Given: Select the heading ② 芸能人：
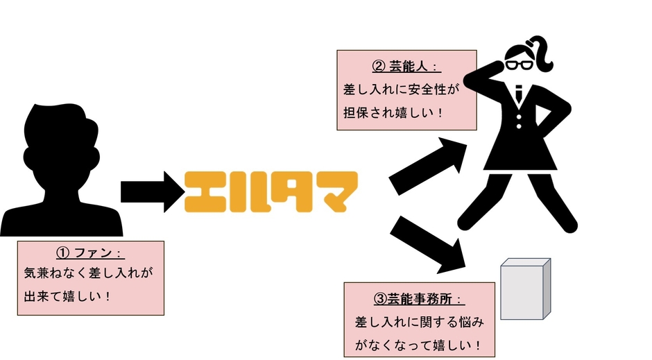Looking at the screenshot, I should (406, 67).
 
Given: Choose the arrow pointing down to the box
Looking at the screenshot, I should (428, 242).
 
